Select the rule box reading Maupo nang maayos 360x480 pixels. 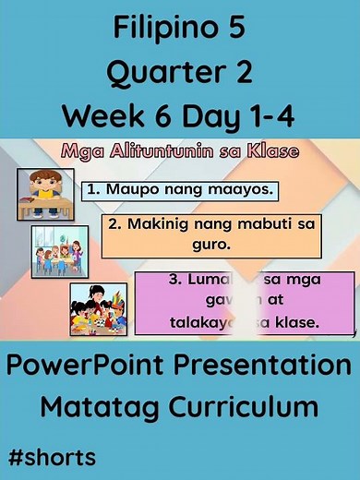(180, 190)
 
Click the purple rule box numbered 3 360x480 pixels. (244, 302)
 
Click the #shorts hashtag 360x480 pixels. (52, 456)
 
